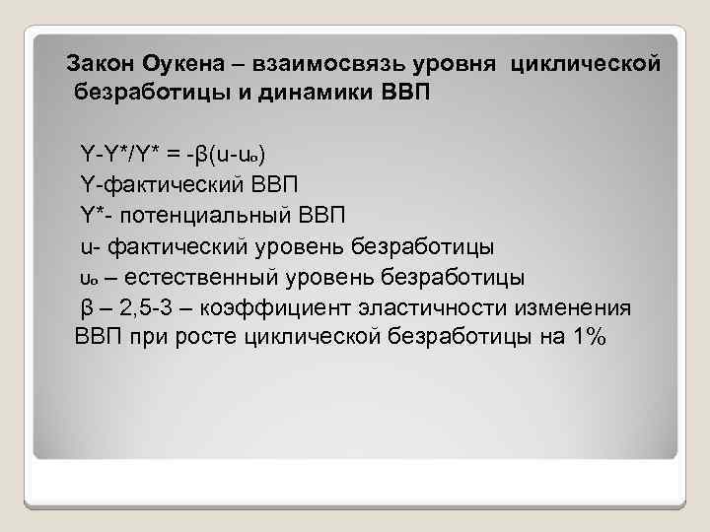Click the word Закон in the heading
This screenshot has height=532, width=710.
(x=100, y=65)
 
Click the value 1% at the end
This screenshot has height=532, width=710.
(x=590, y=337)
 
